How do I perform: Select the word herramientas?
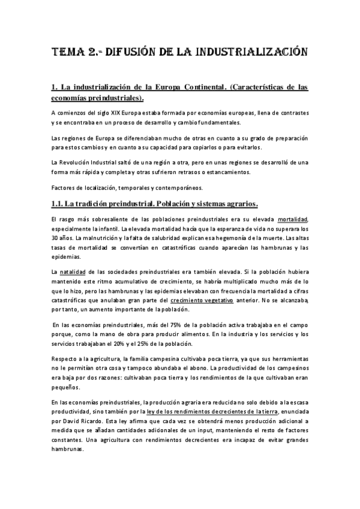coord(290,363)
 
